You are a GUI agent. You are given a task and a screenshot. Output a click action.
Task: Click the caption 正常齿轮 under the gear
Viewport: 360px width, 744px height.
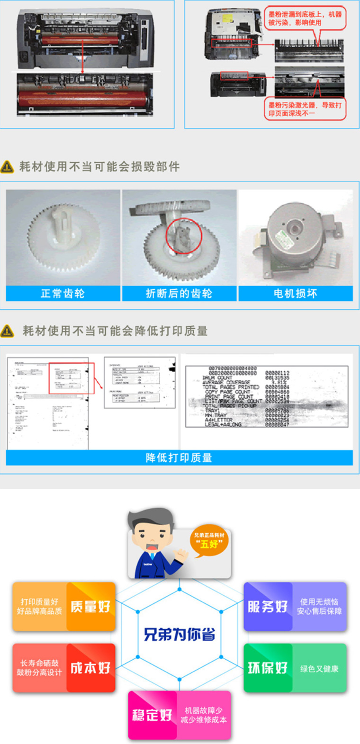pos(63,294)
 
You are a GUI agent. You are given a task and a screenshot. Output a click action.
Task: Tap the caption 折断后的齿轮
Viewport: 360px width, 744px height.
pos(179,294)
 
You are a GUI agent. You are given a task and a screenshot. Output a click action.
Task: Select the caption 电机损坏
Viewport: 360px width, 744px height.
pos(295,294)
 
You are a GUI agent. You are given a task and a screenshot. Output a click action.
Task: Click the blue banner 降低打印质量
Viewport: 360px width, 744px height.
pos(179,457)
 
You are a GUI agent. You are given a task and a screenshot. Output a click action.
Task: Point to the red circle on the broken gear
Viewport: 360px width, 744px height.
pos(184,236)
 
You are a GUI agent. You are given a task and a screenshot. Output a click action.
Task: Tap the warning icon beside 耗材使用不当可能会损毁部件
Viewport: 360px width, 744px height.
pos(8,167)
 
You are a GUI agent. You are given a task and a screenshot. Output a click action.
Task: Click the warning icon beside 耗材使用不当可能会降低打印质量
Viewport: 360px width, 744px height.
pos(8,331)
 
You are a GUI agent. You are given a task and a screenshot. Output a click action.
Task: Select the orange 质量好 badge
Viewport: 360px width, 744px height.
pos(90,607)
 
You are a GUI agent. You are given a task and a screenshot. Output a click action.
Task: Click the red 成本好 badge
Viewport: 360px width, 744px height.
pos(90,668)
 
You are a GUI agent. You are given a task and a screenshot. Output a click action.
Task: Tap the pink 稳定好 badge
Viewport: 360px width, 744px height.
pos(152,715)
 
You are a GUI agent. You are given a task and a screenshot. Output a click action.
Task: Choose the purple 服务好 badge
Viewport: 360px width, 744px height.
pos(268,607)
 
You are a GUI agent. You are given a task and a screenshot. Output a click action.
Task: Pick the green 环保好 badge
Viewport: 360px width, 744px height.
pos(268,668)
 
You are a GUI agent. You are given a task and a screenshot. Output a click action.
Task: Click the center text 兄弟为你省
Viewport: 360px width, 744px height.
pos(179,634)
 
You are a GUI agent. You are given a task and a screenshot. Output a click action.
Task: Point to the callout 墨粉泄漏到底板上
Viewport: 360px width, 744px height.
pos(305,18)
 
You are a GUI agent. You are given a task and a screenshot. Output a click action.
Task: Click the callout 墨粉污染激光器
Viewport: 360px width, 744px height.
pos(305,109)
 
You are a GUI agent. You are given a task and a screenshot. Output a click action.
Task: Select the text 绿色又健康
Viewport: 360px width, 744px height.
pos(319,669)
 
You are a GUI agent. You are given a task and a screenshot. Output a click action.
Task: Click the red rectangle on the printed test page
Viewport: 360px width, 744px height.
pos(72,378)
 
